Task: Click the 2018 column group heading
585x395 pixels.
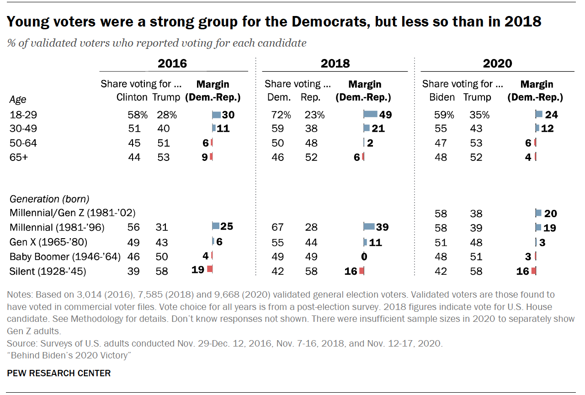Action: tap(335, 64)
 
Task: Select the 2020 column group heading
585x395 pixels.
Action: tap(497, 64)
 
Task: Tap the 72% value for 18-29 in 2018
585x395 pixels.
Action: tap(274, 115)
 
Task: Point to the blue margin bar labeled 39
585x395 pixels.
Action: tap(368, 227)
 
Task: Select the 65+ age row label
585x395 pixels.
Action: tap(19, 157)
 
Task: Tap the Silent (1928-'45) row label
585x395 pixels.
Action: tap(48, 272)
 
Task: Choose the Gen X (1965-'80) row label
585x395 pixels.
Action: tap(48, 242)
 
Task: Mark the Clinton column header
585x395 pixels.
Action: tap(132, 97)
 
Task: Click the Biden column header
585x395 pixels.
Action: tap(442, 97)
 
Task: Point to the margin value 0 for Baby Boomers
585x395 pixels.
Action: tap(364, 256)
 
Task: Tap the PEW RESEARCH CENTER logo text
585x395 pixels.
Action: tap(59, 374)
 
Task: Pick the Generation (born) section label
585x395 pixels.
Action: tap(49, 199)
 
